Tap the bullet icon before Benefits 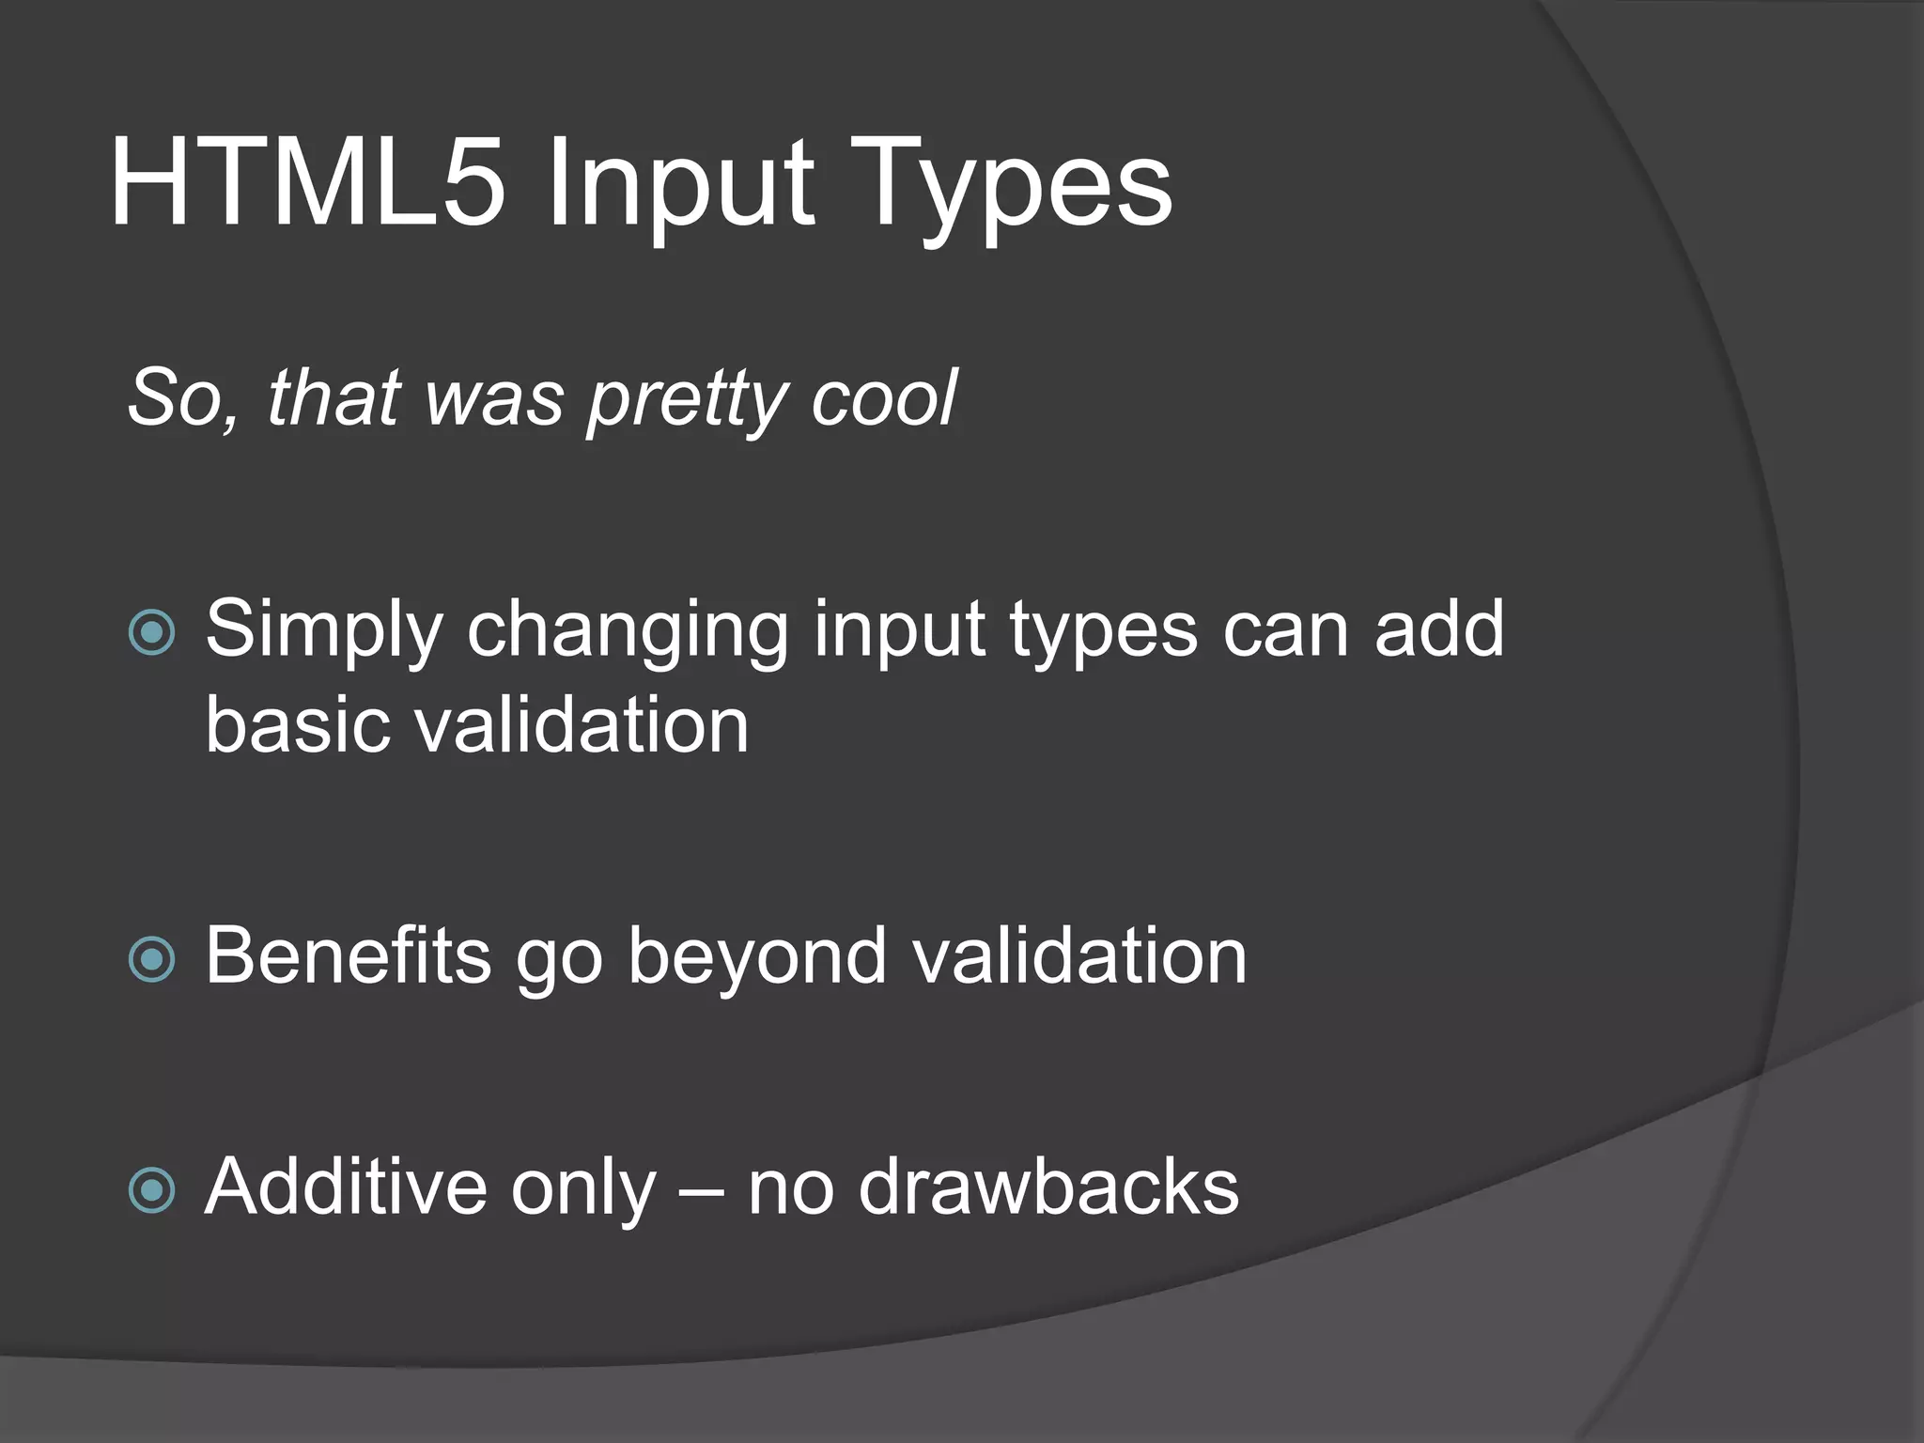[152, 959]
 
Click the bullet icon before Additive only [152, 1191]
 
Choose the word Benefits [348, 955]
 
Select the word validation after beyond [1080, 955]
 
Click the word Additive [344, 1187]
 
